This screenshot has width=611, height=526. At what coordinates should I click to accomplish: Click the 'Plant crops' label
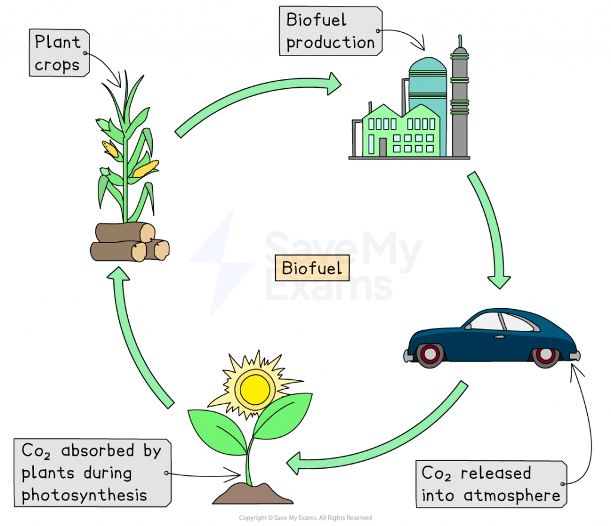pyautogui.click(x=57, y=53)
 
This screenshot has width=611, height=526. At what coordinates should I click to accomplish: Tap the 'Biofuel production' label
pyautogui.click(x=330, y=31)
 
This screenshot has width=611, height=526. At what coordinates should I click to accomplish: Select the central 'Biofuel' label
pyautogui.click(x=311, y=268)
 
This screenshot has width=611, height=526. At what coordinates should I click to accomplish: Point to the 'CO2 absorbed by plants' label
pyautogui.click(x=91, y=472)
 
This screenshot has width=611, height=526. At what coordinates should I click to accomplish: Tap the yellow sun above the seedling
pyautogui.click(x=255, y=386)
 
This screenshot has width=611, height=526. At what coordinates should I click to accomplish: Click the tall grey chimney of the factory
pyautogui.click(x=459, y=101)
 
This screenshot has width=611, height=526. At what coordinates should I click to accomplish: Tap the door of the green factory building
pyautogui.click(x=382, y=146)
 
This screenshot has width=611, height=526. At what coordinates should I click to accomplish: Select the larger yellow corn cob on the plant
pyautogui.click(x=144, y=169)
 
